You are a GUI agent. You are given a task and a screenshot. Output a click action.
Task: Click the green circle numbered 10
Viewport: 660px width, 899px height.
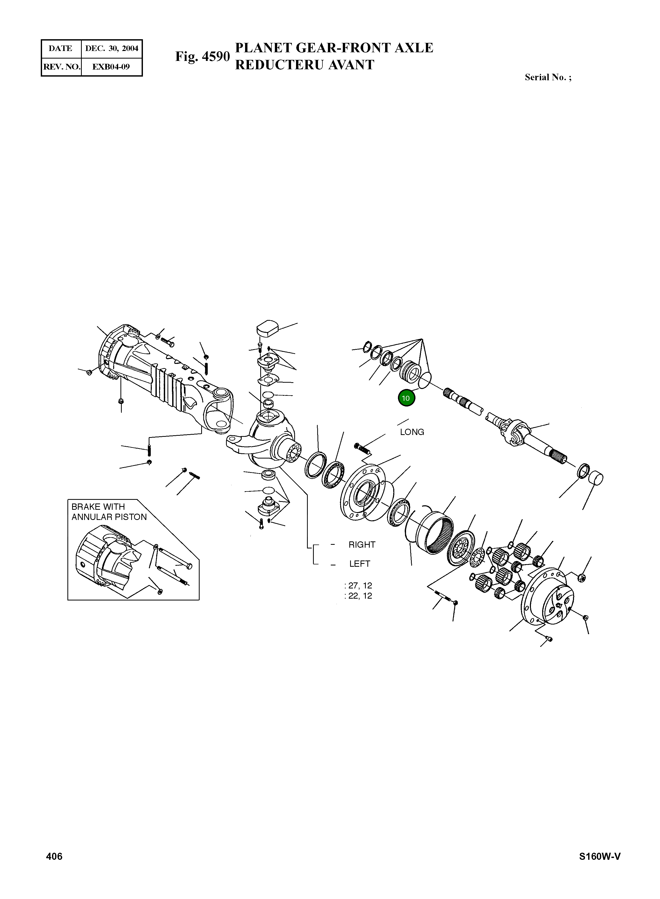[x=406, y=398]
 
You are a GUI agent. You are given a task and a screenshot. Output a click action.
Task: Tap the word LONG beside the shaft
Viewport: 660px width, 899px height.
[x=412, y=432]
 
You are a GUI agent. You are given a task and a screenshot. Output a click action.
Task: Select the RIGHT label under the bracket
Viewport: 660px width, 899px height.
[x=362, y=545]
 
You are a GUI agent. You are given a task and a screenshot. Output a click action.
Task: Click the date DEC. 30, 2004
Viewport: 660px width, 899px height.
[x=112, y=48]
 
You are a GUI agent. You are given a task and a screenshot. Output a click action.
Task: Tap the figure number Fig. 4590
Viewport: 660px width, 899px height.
[x=202, y=57]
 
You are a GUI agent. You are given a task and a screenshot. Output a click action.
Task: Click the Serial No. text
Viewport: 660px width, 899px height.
[x=548, y=78]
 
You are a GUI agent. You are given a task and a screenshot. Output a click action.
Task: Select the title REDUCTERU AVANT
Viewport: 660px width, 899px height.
[x=304, y=65]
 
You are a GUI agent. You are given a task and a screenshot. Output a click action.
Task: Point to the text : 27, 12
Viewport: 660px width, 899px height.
[x=358, y=586]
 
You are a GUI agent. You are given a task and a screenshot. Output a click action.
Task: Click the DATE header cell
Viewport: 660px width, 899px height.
[x=61, y=48]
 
